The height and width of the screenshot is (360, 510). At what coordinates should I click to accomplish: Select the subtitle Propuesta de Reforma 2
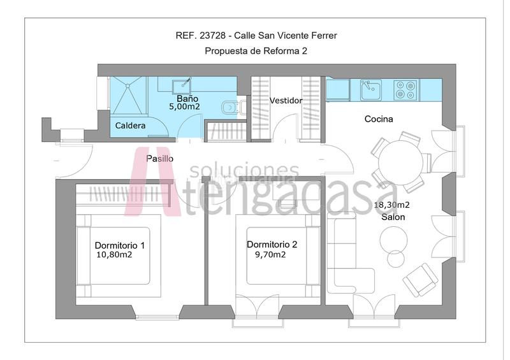(x=256, y=51)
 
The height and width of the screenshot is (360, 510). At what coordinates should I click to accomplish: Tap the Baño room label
(x=187, y=99)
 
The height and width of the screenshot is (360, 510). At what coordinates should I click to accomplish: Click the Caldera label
(x=130, y=126)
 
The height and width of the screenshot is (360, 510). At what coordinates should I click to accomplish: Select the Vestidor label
(x=286, y=101)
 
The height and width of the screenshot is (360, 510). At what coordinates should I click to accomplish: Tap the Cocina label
(x=379, y=119)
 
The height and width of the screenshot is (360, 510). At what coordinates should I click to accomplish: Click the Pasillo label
(x=159, y=159)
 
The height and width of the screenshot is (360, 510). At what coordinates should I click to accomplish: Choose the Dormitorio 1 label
(x=119, y=245)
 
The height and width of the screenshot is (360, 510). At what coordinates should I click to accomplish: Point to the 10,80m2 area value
(x=114, y=255)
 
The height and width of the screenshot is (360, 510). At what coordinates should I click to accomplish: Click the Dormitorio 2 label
(x=272, y=244)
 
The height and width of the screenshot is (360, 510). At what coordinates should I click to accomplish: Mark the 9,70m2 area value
(x=266, y=254)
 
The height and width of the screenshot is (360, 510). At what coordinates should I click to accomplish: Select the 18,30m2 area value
(x=391, y=205)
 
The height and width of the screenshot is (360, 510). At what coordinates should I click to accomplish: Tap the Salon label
(x=393, y=217)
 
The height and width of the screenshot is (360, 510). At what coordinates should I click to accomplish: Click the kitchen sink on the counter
(x=370, y=90)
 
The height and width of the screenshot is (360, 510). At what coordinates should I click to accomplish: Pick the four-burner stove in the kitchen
(x=405, y=90)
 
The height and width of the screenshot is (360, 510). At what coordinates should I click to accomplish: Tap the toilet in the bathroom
(x=228, y=108)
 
